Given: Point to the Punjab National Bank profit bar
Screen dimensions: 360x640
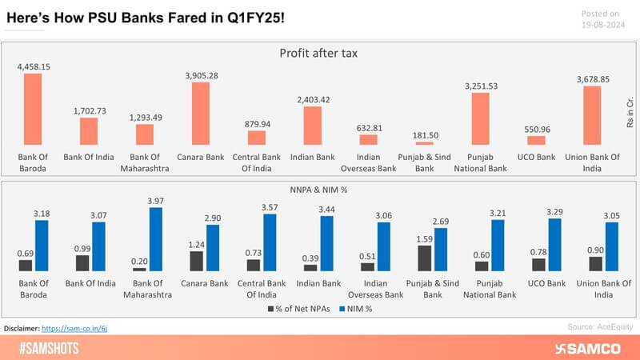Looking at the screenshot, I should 480,119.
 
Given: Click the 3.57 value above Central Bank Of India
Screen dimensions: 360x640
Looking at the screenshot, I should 270,206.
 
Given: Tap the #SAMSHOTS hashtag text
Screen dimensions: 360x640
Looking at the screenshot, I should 47,349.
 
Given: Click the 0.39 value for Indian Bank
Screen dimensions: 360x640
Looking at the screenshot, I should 310,257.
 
